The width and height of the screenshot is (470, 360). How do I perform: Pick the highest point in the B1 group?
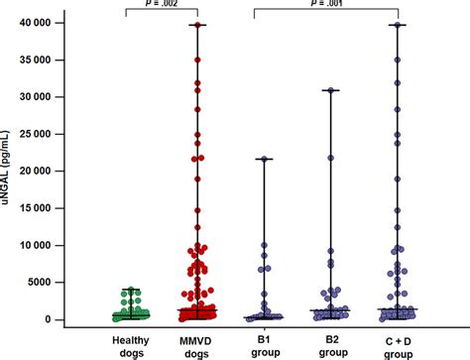(265, 159)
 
